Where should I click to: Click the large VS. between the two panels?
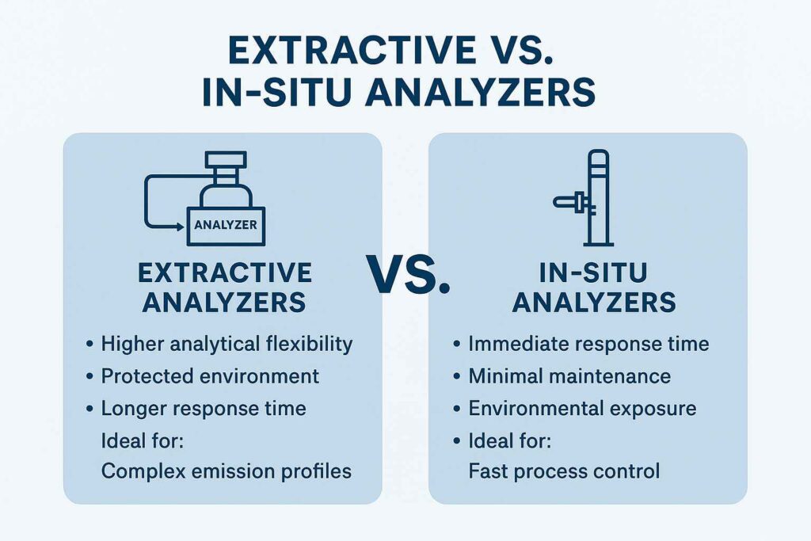[409, 274]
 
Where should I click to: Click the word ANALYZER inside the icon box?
[226, 225]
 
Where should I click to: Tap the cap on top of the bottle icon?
[226, 160]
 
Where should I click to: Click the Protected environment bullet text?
[210, 376]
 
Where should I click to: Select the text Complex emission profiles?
[227, 472]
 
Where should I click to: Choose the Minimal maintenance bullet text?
[569, 376]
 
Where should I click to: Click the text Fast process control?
[564, 472]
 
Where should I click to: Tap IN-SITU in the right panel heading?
[593, 273]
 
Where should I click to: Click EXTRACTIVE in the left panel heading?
[225, 273]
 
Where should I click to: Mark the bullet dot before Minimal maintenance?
[456, 376]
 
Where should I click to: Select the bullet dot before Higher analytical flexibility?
[89, 344]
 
